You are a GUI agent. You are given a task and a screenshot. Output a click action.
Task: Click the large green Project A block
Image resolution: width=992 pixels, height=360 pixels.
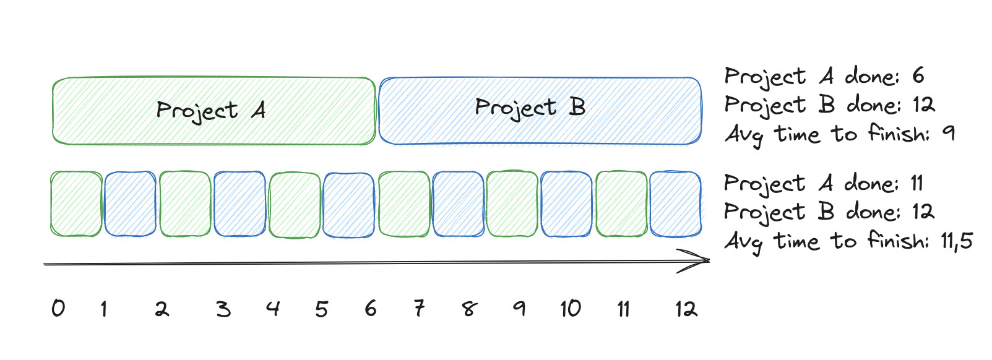pos(213,111)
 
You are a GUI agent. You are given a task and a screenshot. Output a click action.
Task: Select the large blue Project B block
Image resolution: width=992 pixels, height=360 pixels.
pos(540,111)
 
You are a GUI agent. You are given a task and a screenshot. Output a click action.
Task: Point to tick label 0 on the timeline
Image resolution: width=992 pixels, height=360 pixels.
pos(58,308)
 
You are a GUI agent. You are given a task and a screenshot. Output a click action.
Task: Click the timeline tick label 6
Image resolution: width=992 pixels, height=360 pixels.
pos(371,308)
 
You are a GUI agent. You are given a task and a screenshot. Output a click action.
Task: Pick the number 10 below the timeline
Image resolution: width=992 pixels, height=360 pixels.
pos(570,308)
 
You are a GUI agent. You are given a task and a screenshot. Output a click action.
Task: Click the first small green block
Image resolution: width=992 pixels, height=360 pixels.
pos(76,204)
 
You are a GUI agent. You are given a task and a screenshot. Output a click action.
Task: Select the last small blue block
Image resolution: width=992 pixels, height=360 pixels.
pos(675,204)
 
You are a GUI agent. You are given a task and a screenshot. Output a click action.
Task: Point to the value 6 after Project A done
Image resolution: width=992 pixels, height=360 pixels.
pos(918,75)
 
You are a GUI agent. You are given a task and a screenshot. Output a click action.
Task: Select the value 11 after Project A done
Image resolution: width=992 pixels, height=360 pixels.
pos(917,183)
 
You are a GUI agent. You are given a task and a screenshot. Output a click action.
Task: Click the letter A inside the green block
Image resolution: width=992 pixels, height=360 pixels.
pos(259,111)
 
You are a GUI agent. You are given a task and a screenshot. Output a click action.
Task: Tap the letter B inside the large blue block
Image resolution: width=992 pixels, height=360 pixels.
pos(577,108)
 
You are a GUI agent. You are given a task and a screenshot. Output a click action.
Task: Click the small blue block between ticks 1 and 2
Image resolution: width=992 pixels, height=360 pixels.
pos(130,204)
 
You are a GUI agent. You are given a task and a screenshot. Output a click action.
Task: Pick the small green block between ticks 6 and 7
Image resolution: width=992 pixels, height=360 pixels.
pos(404,204)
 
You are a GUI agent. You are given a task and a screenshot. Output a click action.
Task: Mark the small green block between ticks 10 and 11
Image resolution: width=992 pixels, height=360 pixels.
pos(621,204)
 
